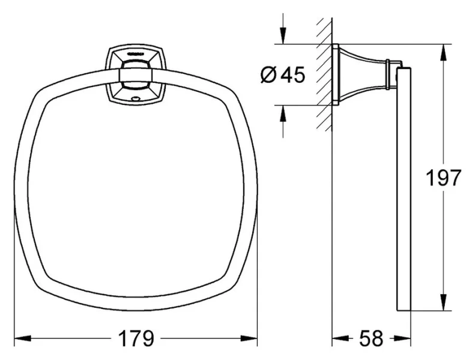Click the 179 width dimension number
tap(136, 339)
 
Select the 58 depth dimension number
tap(371, 339)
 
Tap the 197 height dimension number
tap(443, 178)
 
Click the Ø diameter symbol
tap(269, 75)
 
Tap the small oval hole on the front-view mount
tap(135, 96)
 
